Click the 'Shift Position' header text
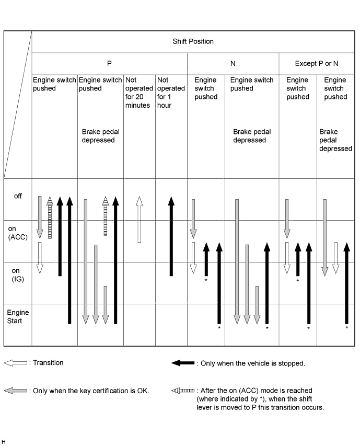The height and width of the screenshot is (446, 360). [193, 41]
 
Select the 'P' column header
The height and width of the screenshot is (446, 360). [109, 63]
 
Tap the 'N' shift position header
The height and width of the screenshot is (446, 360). [233, 63]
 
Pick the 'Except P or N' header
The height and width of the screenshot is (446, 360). [316, 63]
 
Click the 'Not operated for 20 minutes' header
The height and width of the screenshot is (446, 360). [138, 93]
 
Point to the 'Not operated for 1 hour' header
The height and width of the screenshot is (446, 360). [171, 93]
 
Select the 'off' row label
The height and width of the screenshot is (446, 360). [18, 196]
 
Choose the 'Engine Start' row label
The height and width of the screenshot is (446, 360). [18, 316]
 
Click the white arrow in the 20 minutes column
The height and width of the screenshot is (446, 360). [139, 220]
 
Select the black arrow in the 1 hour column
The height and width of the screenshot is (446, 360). [171, 236]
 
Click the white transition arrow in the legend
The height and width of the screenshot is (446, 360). [16, 363]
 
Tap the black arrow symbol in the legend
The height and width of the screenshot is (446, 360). [183, 363]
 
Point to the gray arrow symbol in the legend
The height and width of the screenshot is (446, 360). [16, 391]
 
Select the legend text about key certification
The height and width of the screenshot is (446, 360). [91, 391]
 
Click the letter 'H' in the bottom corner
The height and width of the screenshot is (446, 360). [4, 442]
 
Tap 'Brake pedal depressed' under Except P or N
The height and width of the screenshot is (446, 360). [335, 140]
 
